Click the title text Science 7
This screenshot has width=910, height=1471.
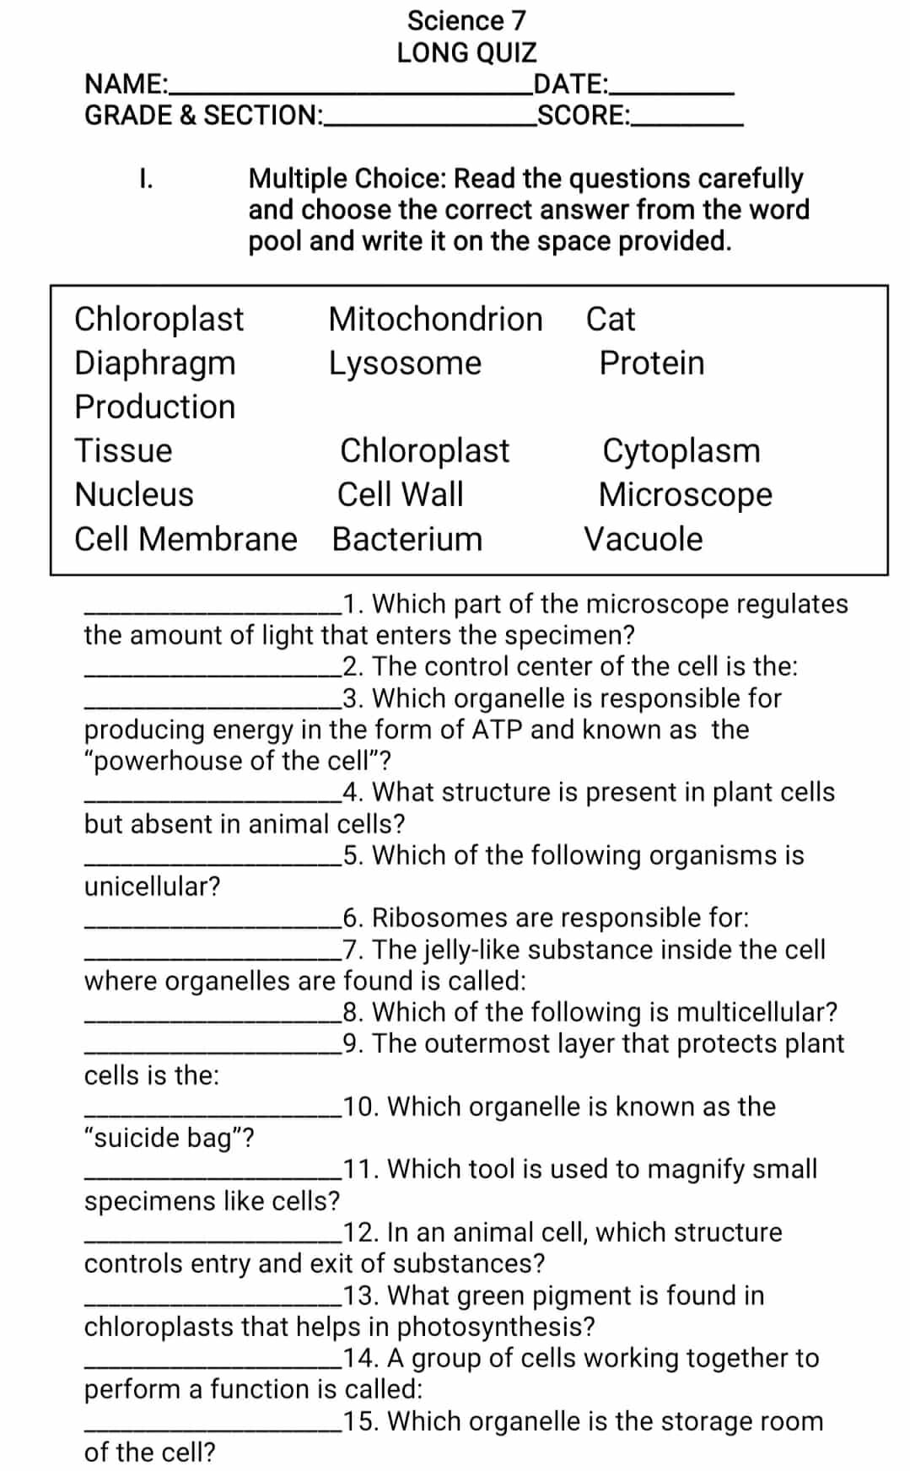tap(466, 20)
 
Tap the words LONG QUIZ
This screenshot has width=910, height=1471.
tap(466, 52)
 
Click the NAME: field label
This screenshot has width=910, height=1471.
tap(126, 84)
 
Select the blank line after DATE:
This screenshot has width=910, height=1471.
tap(673, 90)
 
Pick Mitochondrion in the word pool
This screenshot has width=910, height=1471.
tap(435, 319)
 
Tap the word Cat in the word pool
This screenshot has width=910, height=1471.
tap(611, 319)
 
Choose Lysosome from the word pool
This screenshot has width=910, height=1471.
tap(405, 363)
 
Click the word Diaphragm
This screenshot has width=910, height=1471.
tap(155, 363)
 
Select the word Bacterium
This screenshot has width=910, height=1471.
tap(407, 539)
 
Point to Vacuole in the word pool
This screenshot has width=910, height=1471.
tap(643, 539)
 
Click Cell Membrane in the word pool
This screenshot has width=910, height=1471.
tap(186, 539)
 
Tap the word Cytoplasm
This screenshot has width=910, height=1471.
tap(681, 450)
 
